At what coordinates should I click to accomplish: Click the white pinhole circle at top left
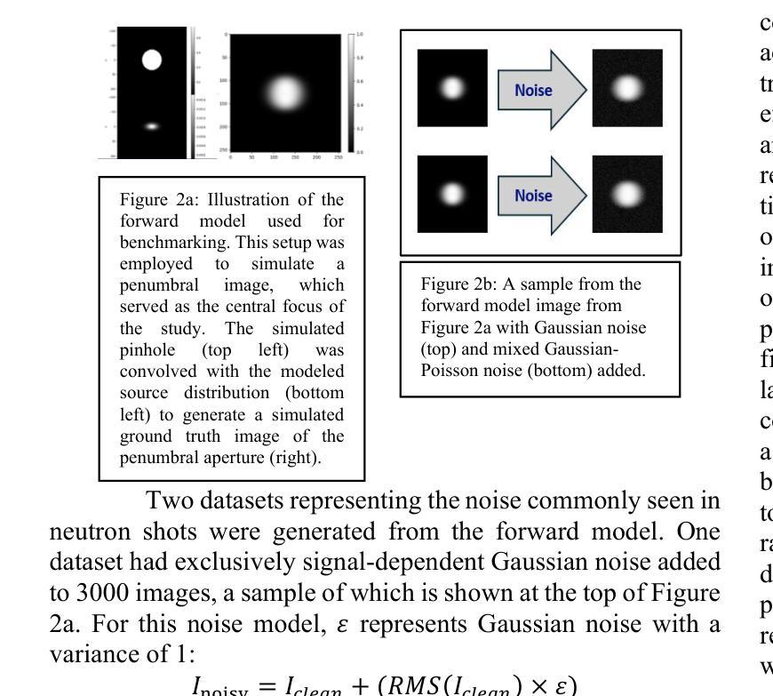click(x=151, y=60)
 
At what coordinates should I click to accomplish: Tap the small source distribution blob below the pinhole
click(x=152, y=126)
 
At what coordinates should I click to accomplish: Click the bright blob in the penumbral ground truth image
click(x=285, y=92)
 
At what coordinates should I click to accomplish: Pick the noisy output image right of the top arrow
click(x=627, y=87)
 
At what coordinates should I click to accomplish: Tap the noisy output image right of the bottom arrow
click(x=627, y=193)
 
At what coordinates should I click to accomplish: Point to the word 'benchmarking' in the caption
click(x=163, y=242)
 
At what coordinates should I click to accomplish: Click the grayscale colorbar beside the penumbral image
click(x=353, y=93)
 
